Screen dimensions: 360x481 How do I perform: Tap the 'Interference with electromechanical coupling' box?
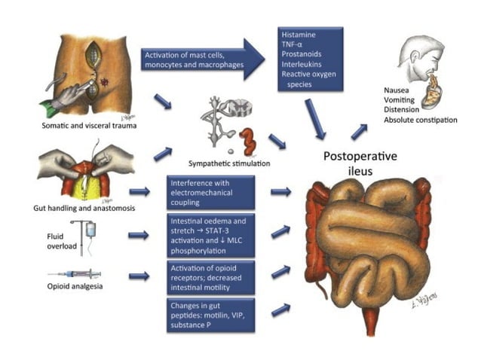tap(213, 192)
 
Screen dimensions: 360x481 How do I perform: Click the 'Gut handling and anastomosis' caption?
tap(78, 206)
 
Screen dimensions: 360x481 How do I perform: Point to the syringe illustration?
tap(75, 275)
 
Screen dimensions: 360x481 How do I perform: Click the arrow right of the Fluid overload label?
tap(139, 235)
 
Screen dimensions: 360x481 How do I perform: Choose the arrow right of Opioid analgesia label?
tap(139, 276)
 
